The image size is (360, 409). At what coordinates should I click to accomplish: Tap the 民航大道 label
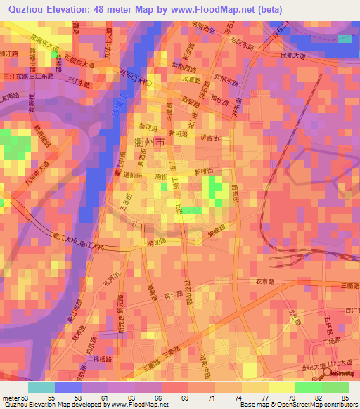coord(293,54)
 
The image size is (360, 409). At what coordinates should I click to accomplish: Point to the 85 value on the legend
coord(344,398)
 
